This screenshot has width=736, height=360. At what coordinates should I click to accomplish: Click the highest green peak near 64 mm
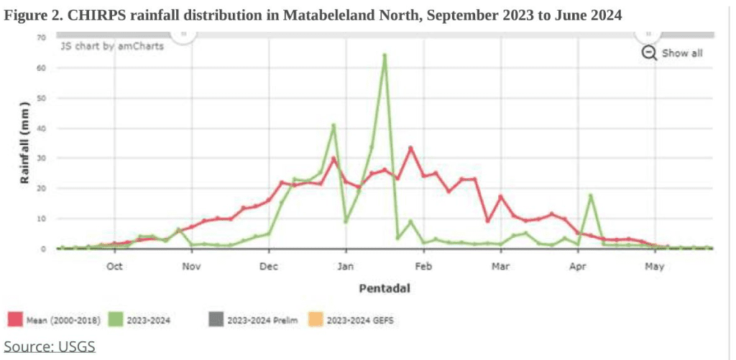(385, 55)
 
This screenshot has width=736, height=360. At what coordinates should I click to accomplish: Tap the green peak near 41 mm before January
(333, 125)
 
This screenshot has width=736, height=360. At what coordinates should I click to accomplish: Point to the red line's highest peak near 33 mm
(410, 148)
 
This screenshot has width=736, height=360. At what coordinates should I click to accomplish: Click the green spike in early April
(590, 195)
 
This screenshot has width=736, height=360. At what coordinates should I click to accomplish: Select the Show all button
(682, 53)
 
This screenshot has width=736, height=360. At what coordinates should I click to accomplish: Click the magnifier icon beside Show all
(649, 53)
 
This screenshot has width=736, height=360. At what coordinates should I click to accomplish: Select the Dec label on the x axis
(269, 267)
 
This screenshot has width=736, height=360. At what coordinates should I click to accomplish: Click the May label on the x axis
(653, 267)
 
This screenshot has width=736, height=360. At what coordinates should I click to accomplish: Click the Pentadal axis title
(385, 290)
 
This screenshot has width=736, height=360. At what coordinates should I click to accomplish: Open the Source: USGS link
(50, 346)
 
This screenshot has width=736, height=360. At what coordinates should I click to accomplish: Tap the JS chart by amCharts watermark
(111, 46)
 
